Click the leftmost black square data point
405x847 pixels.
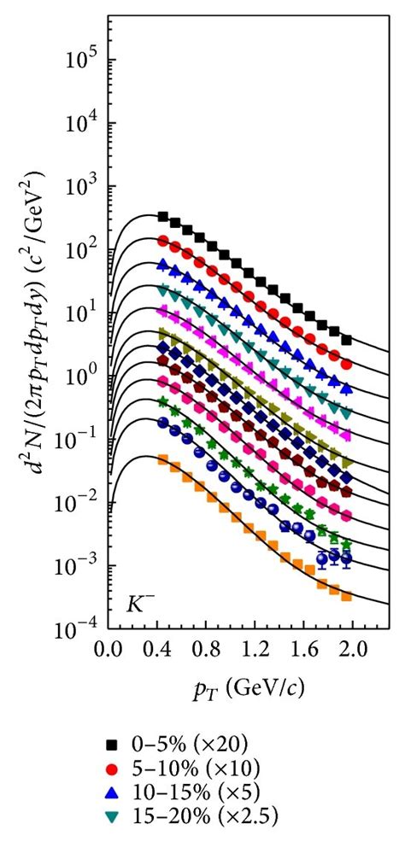163,217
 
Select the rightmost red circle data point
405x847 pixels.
346,364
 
